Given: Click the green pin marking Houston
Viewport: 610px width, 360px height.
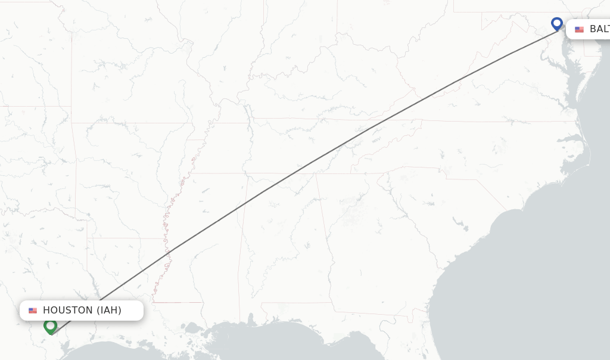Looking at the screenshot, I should coord(50,325).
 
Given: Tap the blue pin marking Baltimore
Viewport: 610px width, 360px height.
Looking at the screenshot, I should coord(557,24).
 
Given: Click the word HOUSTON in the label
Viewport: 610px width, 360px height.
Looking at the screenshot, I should coord(68,310).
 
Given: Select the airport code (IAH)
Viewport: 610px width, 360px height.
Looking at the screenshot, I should coord(109,310).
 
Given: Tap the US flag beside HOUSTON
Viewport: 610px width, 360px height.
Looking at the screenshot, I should coord(33,311).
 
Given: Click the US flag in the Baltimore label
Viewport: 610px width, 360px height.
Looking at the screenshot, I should coord(579,29).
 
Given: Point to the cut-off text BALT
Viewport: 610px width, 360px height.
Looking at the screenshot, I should coord(599,29).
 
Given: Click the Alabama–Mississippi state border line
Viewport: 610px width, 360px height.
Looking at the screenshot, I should coord(241,250).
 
